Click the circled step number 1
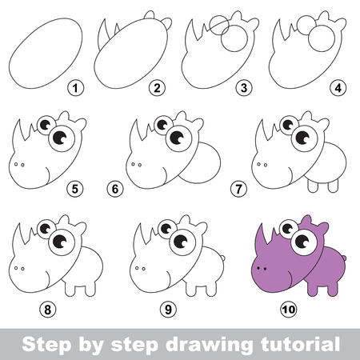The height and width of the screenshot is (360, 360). (75, 88)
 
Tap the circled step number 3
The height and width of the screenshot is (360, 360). (244, 88)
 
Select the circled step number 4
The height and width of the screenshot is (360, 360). (338, 88)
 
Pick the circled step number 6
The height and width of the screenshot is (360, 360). (115, 189)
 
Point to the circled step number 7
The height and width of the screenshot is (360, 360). (238, 189)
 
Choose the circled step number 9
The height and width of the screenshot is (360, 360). (168, 310)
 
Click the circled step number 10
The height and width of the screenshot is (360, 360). (289, 310)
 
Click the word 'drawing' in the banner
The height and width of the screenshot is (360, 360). (209, 345)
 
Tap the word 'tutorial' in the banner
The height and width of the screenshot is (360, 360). (300, 344)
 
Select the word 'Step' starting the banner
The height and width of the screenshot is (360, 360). (47, 346)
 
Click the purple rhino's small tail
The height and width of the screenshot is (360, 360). (344, 258)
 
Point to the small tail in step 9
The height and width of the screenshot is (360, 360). (222, 258)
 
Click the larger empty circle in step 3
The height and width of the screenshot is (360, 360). (234, 38)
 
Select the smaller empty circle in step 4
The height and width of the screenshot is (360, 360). (306, 25)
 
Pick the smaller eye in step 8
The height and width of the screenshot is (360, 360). (46, 229)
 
